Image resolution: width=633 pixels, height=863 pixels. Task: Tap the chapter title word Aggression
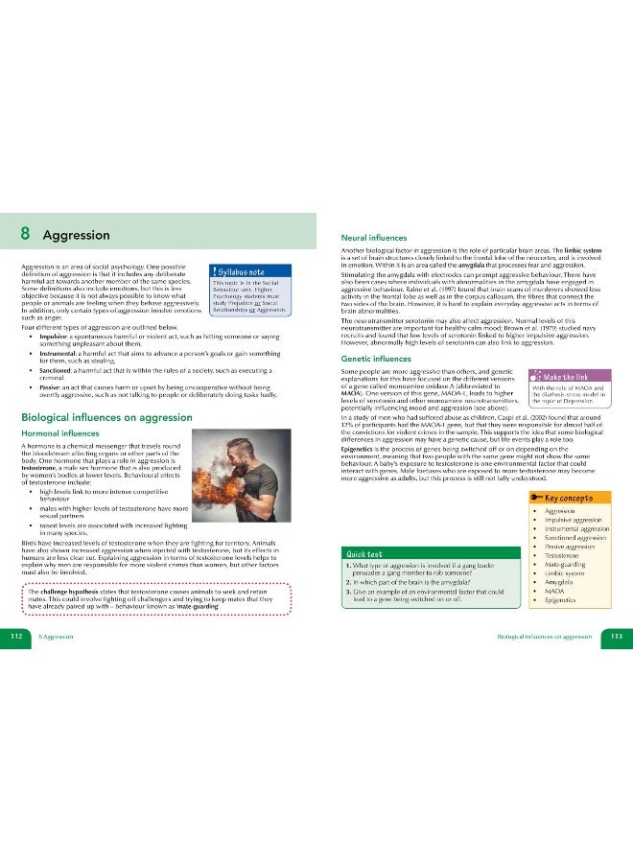coord(77,235)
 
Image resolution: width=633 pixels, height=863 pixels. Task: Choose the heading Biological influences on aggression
coord(104,416)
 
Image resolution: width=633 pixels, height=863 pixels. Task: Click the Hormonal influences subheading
coord(68,434)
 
